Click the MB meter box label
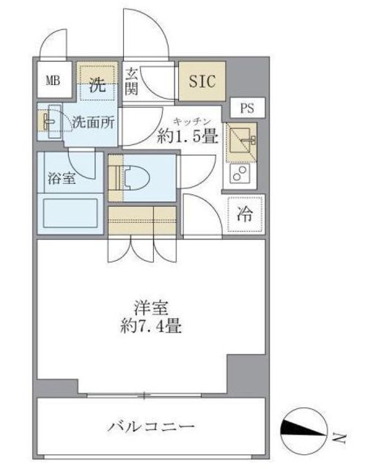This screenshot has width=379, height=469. [x=53, y=81]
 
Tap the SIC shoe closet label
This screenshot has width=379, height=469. [x=202, y=81]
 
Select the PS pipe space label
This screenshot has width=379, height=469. [x=247, y=108]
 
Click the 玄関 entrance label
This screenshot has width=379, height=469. [x=132, y=81]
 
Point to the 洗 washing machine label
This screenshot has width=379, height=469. [x=97, y=85]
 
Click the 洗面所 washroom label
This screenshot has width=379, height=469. [x=93, y=122]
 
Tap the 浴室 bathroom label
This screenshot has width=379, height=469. [x=62, y=179]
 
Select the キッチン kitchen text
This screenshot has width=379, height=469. [x=191, y=122]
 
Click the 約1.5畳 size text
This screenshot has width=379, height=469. [x=188, y=137]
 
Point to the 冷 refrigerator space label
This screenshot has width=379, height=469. [x=245, y=214]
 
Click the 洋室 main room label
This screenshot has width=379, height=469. [x=151, y=308]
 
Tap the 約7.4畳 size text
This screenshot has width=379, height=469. [x=151, y=325]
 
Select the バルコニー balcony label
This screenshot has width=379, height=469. [x=151, y=426]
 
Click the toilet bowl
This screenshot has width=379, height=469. [x=136, y=178]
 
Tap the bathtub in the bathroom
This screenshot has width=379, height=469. [x=70, y=213]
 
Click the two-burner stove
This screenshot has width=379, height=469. [x=240, y=173]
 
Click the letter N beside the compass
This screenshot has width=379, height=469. [x=339, y=438]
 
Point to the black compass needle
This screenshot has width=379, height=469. [x=303, y=428]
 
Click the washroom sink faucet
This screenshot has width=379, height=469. [x=49, y=122]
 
